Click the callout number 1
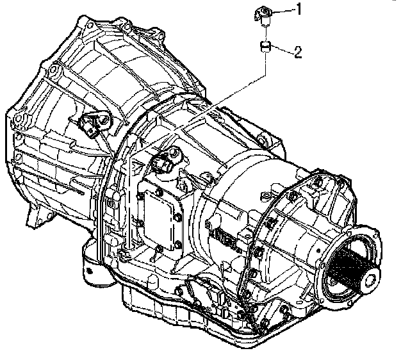tap(299, 9)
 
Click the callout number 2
tap(299, 52)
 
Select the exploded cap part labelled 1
tap(263, 16)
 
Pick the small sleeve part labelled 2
tap(265, 47)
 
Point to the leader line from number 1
tap(283, 11)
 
